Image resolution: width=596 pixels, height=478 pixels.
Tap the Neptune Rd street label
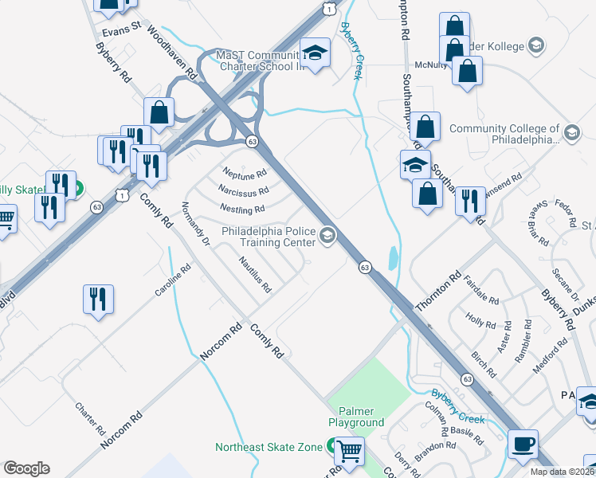245,173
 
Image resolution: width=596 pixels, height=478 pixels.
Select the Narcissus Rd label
243,191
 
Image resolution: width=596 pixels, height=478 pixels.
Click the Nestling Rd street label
242,210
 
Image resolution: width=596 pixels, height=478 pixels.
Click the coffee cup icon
523,443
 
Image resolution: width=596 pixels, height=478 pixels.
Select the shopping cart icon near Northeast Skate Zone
349,451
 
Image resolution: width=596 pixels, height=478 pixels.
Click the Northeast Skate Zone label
269,447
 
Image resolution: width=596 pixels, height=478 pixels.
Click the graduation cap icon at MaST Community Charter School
316,53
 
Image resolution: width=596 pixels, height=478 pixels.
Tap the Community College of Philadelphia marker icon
571,132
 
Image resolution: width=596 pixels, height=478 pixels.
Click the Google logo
26,468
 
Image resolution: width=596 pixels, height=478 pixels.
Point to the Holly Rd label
480,324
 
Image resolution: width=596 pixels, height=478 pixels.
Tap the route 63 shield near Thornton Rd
363,265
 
